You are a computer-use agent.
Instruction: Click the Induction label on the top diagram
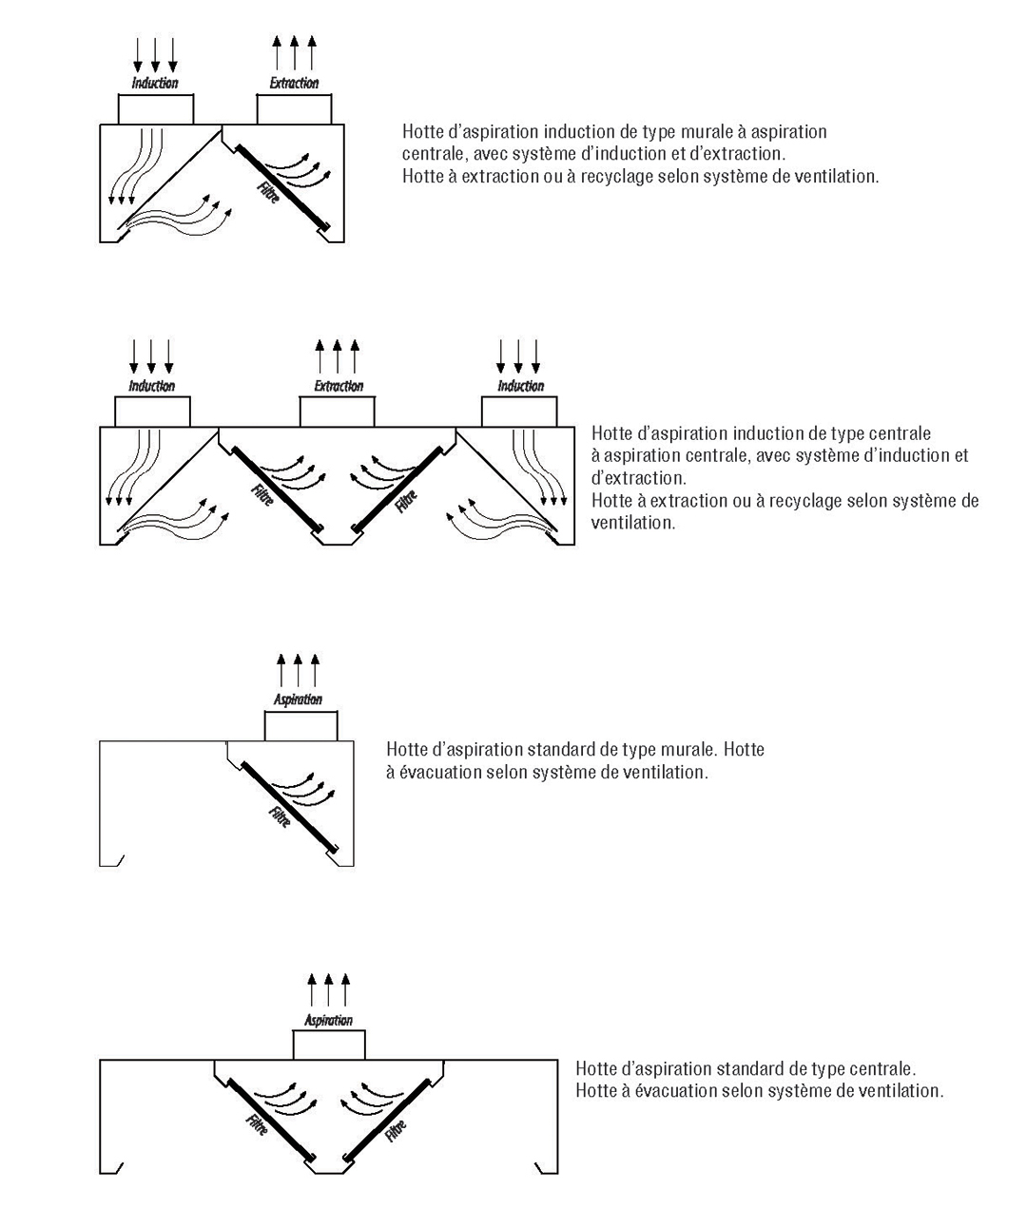pyautogui.click(x=155, y=84)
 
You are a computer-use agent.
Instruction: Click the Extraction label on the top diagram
pyautogui.click(x=294, y=84)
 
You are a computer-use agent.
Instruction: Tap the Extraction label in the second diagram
pyautogui.click(x=339, y=386)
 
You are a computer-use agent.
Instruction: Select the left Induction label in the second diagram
pyautogui.click(x=152, y=386)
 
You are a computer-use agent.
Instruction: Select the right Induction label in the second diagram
pyautogui.click(x=521, y=386)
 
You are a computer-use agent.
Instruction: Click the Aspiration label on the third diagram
pyautogui.click(x=299, y=700)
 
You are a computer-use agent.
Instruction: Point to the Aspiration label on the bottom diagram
pyautogui.click(x=328, y=1021)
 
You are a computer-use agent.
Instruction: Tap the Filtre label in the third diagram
pyautogui.click(x=279, y=816)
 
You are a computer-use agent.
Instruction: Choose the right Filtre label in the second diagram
pyautogui.click(x=406, y=501)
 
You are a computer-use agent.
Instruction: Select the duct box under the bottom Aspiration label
pyautogui.click(x=328, y=1045)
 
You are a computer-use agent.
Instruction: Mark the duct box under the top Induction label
pyautogui.click(x=155, y=109)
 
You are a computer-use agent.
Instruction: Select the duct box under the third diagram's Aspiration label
pyautogui.click(x=300, y=727)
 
